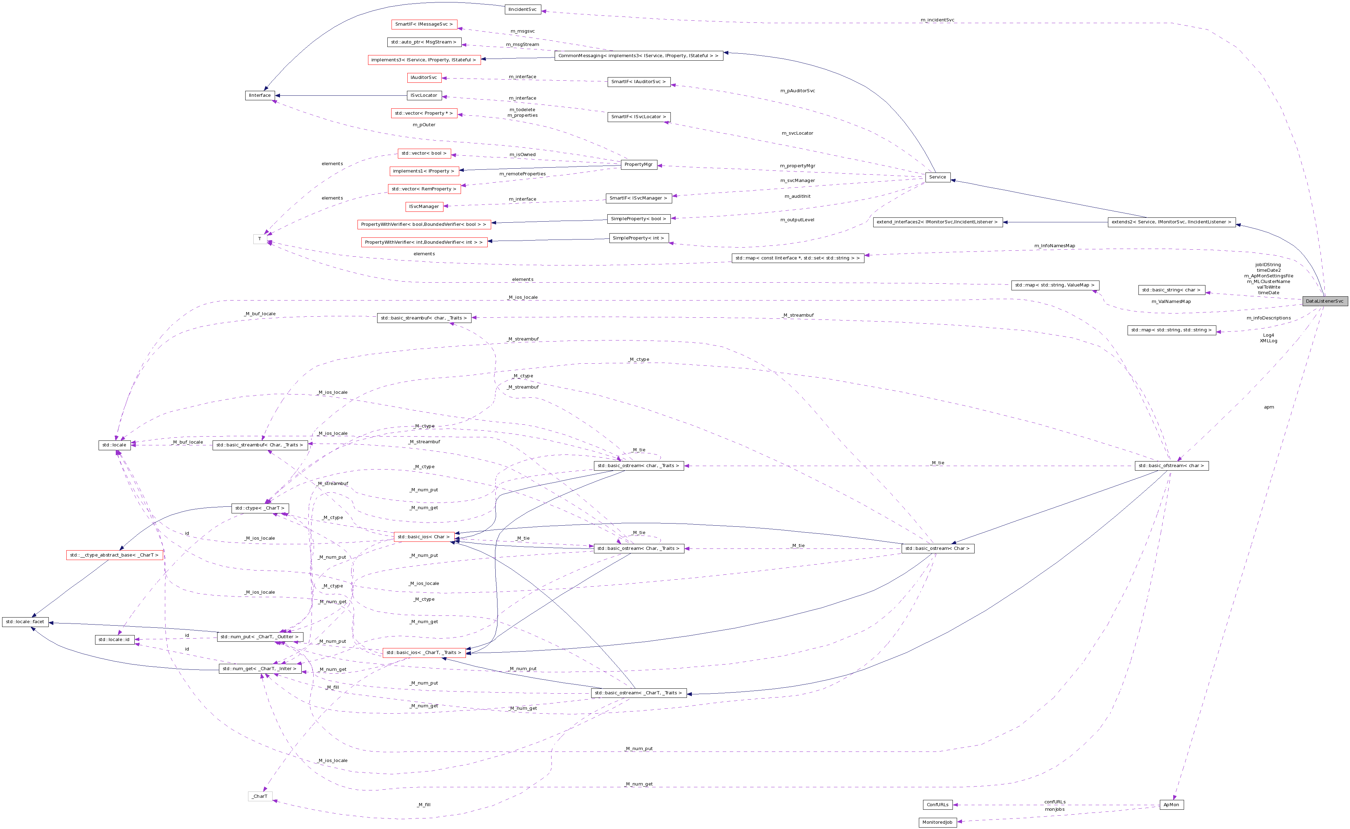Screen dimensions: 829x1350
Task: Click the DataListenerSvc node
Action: (x=1324, y=301)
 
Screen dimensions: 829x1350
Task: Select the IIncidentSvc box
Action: (x=522, y=9)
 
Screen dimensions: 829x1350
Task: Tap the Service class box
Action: (x=937, y=177)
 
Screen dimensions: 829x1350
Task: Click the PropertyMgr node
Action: (x=639, y=164)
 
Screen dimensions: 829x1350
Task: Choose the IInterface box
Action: (x=260, y=95)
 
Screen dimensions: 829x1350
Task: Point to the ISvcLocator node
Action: (x=424, y=95)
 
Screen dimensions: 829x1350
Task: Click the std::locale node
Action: (x=114, y=445)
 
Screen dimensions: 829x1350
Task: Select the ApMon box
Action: (x=1171, y=805)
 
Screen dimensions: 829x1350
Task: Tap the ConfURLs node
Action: (x=937, y=805)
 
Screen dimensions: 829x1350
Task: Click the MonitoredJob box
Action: (x=937, y=822)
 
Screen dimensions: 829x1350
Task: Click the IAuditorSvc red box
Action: (x=424, y=77)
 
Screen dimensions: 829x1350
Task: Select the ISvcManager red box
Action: (x=424, y=207)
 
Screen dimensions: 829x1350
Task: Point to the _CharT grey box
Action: (x=260, y=796)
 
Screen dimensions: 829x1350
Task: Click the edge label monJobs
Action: (x=1054, y=809)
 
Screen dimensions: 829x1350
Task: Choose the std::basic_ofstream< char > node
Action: (x=1171, y=465)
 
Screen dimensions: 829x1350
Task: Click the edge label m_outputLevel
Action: (x=797, y=220)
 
